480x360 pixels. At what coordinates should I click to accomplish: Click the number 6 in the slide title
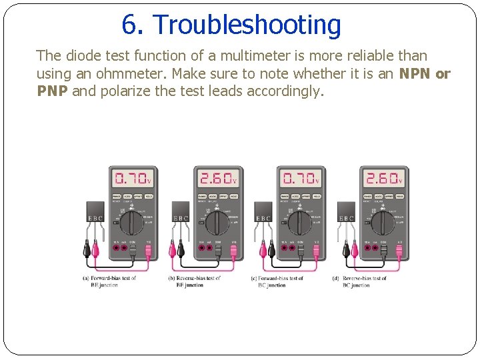[x=129, y=25]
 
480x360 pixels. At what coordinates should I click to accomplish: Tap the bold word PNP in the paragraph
[x=52, y=91]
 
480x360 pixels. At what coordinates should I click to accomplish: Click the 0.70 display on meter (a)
[x=133, y=179]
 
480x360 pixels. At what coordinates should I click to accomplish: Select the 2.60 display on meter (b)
[x=217, y=179]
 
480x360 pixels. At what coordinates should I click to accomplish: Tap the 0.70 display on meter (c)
[x=300, y=179]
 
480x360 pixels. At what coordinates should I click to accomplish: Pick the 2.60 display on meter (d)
[x=383, y=179]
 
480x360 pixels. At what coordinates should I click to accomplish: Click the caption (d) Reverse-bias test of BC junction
[x=360, y=281]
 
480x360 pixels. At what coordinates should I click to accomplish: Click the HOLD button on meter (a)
[x=149, y=197]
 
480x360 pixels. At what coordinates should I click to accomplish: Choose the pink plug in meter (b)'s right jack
[x=233, y=252]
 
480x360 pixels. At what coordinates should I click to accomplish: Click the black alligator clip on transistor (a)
[x=87, y=250]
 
